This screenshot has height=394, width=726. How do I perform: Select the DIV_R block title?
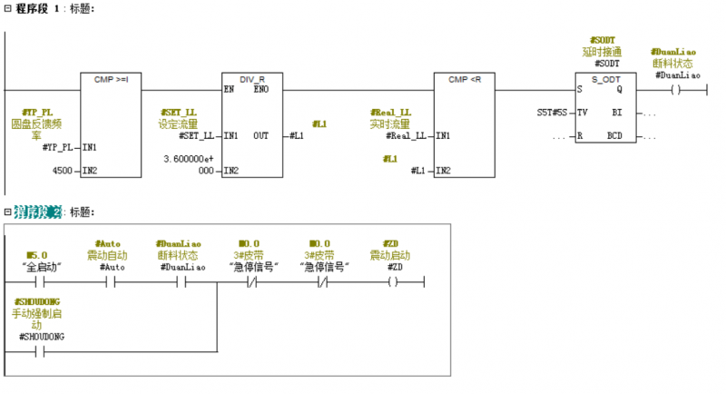click(x=251, y=79)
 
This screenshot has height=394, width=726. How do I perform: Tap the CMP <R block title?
click(x=465, y=79)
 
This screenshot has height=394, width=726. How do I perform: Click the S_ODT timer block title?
click(x=606, y=79)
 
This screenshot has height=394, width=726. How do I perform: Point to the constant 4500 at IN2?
click(x=63, y=170)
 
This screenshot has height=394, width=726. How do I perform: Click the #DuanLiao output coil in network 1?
click(x=674, y=89)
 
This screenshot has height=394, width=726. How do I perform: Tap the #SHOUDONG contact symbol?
click(x=38, y=350)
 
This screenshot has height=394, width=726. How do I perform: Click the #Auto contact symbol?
click(x=112, y=281)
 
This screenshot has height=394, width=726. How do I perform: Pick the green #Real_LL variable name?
click(x=390, y=112)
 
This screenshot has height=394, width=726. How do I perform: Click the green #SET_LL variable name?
click(x=178, y=112)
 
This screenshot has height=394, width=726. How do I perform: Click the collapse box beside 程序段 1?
click(x=8, y=8)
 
